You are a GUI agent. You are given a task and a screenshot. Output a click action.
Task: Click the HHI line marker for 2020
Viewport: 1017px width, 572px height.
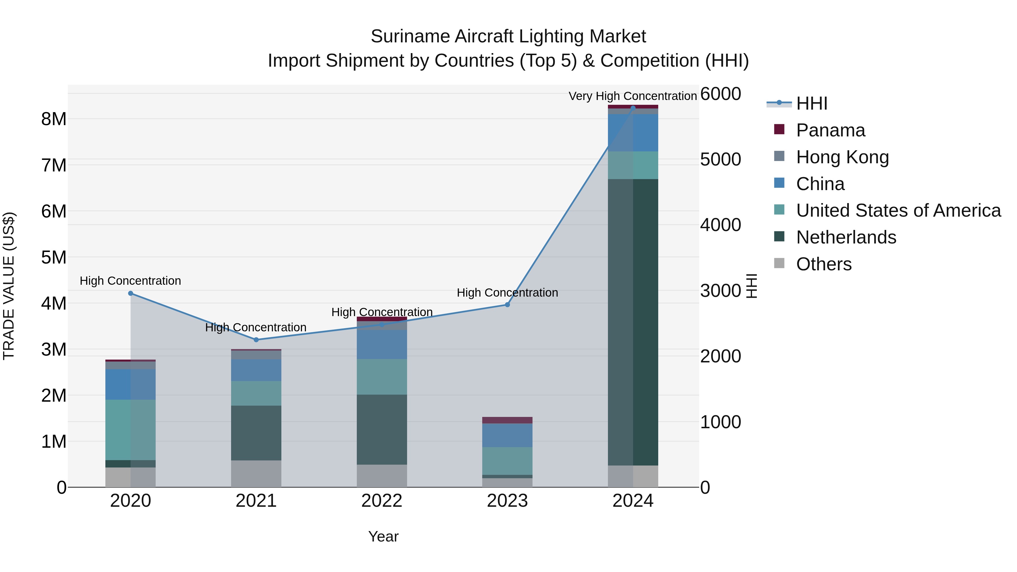[131, 293]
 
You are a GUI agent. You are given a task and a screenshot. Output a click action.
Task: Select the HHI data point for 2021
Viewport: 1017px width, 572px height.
[256, 340]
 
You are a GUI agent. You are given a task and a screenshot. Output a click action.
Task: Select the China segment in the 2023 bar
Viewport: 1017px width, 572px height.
[507, 435]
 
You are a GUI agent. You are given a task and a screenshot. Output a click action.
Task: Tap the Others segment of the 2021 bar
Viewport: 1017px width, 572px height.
[256, 474]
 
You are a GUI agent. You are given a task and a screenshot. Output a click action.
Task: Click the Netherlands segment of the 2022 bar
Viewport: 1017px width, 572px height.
[382, 429]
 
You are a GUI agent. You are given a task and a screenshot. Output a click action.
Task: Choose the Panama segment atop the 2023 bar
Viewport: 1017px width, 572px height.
[507, 420]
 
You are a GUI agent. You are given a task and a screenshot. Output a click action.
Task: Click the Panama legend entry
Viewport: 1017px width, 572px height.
[830, 130]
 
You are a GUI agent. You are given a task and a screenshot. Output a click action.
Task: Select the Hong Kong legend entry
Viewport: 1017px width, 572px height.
[842, 157]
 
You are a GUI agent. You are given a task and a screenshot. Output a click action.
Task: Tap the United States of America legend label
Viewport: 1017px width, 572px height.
[898, 210]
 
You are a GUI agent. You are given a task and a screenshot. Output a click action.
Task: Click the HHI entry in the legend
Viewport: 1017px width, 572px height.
[811, 103]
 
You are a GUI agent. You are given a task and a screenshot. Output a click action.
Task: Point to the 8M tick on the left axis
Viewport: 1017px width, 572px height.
[54, 119]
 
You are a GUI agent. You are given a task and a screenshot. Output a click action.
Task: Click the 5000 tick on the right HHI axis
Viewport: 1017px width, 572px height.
[720, 160]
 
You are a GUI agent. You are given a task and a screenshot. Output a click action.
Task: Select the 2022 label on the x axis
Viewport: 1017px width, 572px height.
[382, 501]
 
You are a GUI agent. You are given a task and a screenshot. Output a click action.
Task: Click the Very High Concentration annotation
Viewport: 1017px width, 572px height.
[633, 96]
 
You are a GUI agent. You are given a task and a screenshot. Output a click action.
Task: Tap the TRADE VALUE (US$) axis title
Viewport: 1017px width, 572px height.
[9, 286]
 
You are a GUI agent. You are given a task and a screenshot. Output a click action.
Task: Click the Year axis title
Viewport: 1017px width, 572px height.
[383, 536]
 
